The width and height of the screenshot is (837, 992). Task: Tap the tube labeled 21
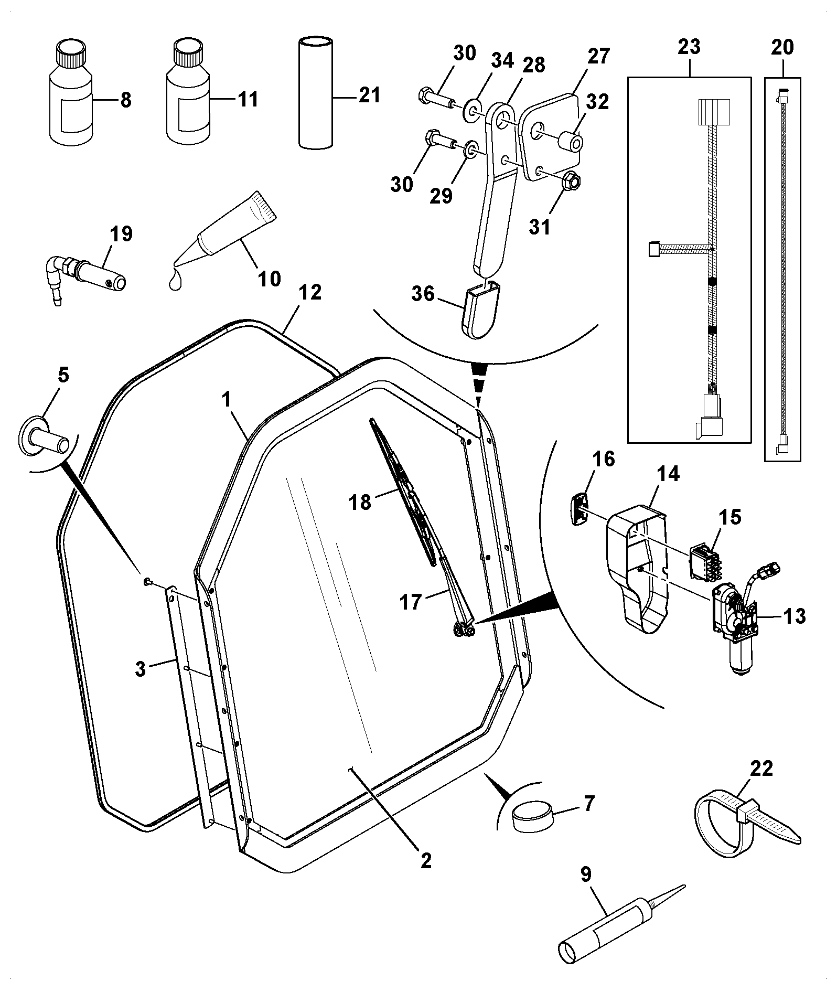[316, 93]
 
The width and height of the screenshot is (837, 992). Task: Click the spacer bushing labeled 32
[570, 141]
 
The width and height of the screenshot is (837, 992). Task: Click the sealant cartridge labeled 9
[622, 921]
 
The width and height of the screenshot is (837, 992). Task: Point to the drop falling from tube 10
[175, 281]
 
